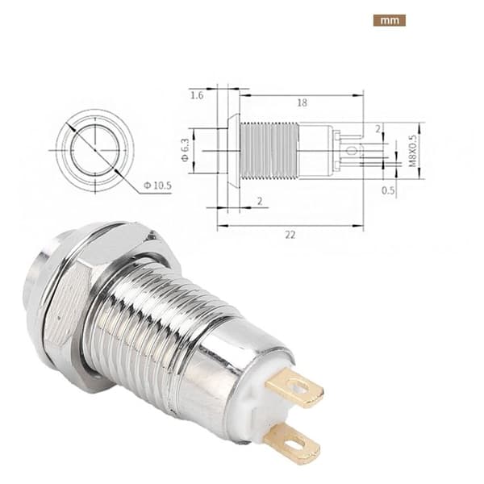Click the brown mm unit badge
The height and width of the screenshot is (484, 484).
point(390,20)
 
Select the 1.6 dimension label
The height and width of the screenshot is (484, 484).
point(197,95)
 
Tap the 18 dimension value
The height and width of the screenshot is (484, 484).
point(302,102)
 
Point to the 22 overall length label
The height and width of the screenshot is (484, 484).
point(290,236)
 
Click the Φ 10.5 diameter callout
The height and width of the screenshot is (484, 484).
point(157,186)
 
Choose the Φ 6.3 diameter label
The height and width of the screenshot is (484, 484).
point(185,150)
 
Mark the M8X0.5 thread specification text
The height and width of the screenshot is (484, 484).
point(413,151)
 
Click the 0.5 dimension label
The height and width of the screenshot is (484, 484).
point(388,190)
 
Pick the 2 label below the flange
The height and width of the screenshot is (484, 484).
point(260,201)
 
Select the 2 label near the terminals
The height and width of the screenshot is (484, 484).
point(378,129)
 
